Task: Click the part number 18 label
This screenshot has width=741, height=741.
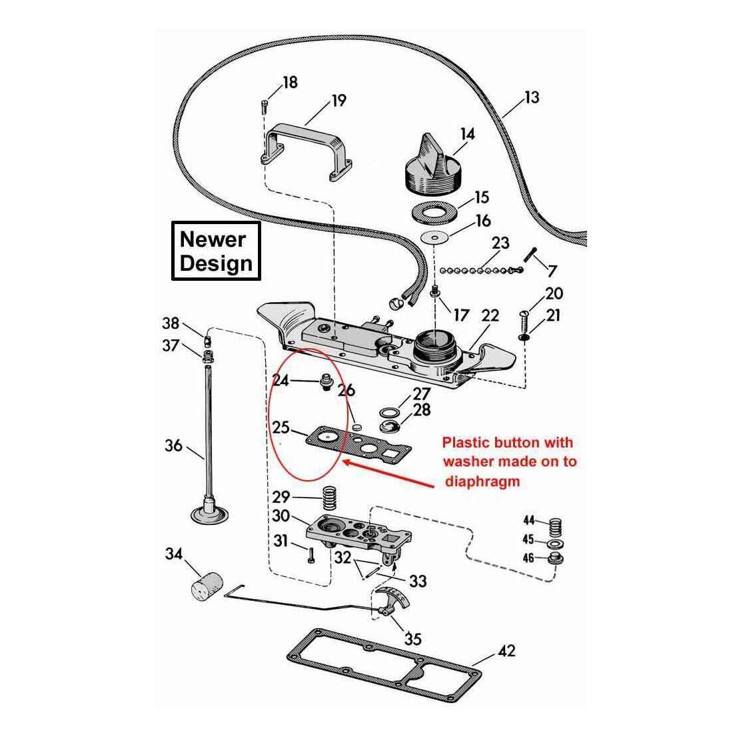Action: pos(290,83)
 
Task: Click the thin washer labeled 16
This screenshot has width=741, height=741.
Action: pos(436,238)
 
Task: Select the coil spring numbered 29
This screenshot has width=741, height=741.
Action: pos(329,497)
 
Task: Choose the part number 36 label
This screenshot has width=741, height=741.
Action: pos(173,445)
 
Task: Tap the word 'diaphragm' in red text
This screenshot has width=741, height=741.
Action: pos(480,480)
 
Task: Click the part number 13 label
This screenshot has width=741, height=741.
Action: pos(531,97)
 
